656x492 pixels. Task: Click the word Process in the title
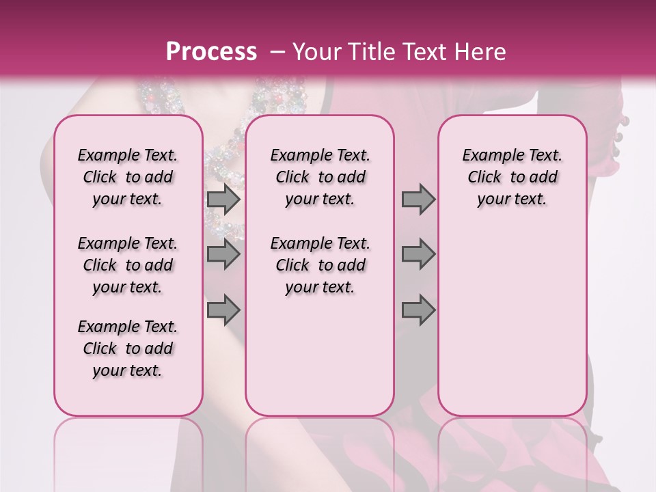[211, 52]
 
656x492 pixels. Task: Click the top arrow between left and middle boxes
[223, 199]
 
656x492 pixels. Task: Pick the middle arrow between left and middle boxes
[223, 254]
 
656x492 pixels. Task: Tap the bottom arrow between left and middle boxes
[223, 310]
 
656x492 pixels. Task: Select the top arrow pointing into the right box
[418, 199]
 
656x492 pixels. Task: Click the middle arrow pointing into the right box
[418, 254]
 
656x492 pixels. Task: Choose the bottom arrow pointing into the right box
[418, 310]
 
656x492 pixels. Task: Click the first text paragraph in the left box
[128, 177]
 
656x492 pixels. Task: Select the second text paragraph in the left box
[128, 265]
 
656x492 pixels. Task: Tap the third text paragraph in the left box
[128, 348]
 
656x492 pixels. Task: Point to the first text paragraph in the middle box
[320, 177]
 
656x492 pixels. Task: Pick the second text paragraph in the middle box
[320, 265]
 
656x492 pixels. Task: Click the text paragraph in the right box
[512, 177]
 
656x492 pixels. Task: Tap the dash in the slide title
[277, 52]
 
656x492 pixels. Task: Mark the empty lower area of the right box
[512, 314]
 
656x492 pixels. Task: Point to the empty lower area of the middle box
[320, 355]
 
